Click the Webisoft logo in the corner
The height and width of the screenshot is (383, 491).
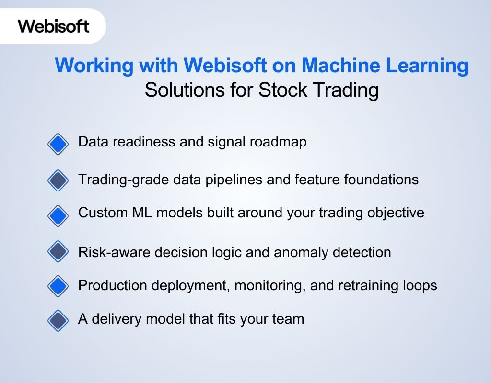pyautogui.click(x=53, y=26)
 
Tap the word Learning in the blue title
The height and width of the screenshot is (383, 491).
pyautogui.click(x=433, y=66)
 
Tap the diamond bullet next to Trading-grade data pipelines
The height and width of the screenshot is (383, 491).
pyautogui.click(x=58, y=180)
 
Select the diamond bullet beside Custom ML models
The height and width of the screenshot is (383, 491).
pyautogui.click(x=58, y=215)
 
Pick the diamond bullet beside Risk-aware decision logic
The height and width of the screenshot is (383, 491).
pyautogui.click(x=58, y=252)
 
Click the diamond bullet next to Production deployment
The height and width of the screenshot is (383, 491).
pyautogui.click(x=58, y=286)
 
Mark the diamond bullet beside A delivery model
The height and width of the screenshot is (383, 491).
pyautogui.click(x=58, y=320)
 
